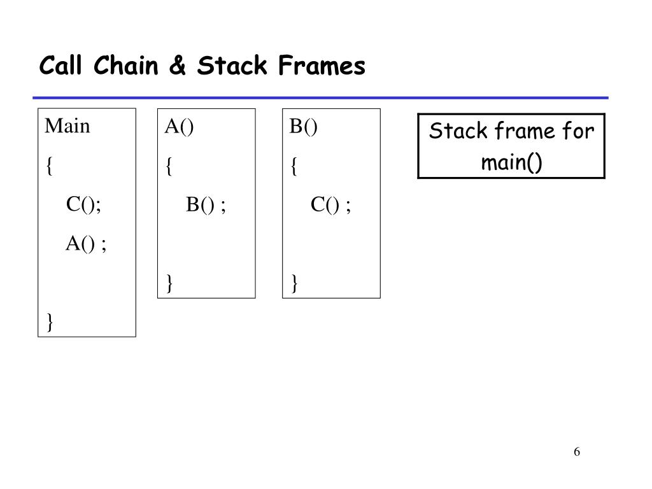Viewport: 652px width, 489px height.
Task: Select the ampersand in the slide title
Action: [x=179, y=66]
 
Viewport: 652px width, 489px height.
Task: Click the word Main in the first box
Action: [x=67, y=127]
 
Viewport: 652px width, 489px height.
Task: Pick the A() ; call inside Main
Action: [x=86, y=243]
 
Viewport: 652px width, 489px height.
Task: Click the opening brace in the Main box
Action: [x=49, y=167]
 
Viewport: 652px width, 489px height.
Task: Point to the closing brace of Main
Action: [x=49, y=322]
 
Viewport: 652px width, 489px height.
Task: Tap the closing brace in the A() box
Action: [x=169, y=283]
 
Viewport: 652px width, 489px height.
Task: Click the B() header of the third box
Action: [x=303, y=127]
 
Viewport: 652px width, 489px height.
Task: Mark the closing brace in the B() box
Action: [x=294, y=283]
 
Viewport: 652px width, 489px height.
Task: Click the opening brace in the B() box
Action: [x=294, y=167]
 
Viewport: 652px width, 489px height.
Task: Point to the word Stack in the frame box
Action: [x=453, y=132]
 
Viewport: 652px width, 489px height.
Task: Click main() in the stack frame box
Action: [x=511, y=162]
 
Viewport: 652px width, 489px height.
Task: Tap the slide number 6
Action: [x=576, y=452]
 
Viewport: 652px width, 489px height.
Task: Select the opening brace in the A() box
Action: [x=169, y=167]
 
